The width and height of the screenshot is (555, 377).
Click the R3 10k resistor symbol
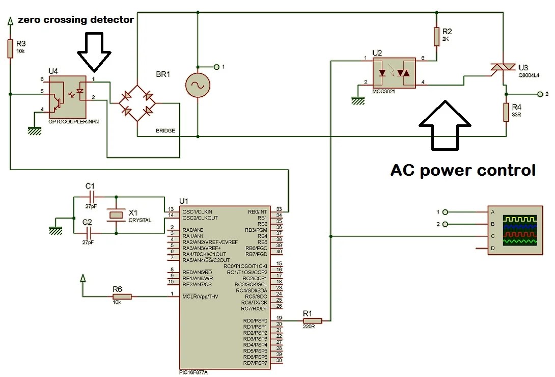click(10, 49)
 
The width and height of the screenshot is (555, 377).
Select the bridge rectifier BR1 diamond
click(137, 103)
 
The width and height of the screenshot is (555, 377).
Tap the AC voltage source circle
click(197, 85)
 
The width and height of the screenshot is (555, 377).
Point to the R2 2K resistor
click(436, 36)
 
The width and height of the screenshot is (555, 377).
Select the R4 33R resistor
click(506, 111)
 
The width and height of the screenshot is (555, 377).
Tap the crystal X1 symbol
click(117, 215)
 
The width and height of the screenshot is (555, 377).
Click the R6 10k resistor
click(122, 297)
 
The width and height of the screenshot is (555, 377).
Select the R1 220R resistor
click(312, 321)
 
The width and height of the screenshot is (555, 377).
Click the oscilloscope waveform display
click(520, 230)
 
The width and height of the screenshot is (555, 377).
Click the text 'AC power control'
click(463, 170)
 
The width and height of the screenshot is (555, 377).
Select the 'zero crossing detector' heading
click(76, 20)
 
